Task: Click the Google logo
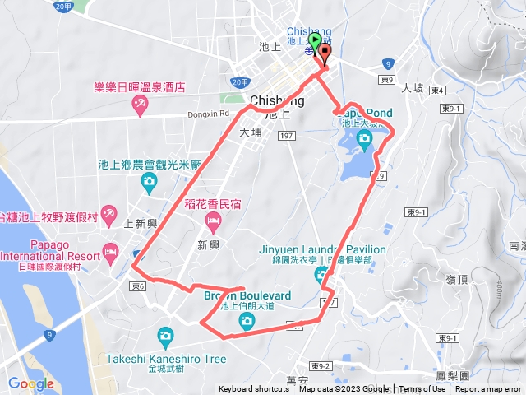(31, 383)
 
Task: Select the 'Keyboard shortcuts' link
(255, 389)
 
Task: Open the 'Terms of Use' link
(422, 389)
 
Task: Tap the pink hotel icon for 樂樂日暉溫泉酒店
(140, 105)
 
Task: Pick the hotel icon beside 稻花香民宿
(212, 219)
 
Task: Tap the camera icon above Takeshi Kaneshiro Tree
(165, 335)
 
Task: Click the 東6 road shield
(137, 286)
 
